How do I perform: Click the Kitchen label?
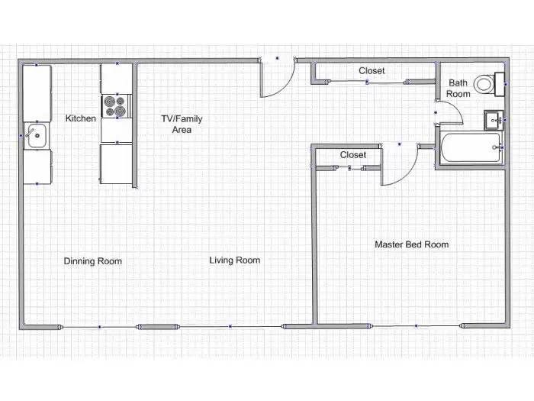click(80, 118)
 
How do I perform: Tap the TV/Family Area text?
click(182, 124)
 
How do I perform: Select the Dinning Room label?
click(93, 261)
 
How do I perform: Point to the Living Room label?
click(235, 260)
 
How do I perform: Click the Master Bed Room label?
click(412, 244)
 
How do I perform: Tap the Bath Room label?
click(458, 89)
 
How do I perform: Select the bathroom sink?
click(494, 120)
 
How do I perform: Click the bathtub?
click(471, 147)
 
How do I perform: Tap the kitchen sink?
click(37, 136)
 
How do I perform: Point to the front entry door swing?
click(277, 79)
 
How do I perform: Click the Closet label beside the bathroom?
click(372, 71)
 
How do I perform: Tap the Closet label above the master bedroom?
click(353, 155)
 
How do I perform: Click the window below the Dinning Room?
click(99, 327)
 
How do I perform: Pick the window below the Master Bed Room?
click(417, 326)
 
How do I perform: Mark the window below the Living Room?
click(230, 327)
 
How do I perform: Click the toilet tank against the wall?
click(500, 84)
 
